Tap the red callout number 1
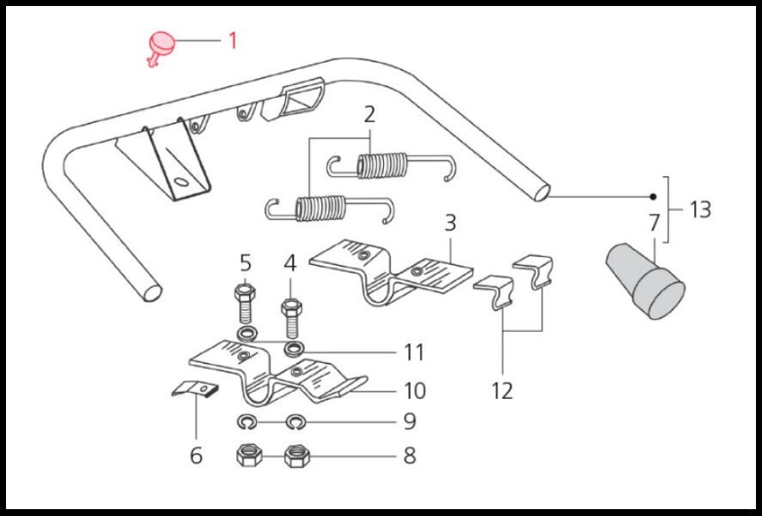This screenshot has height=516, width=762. pos(231,40)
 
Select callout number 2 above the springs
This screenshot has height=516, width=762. pos(369,115)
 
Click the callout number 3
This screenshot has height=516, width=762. pos(449,224)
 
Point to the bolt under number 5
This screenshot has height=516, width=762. pos(242,303)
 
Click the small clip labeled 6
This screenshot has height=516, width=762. pos(195,389)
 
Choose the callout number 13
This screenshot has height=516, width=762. pos(700,209)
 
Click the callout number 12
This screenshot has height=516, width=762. pos(503,390)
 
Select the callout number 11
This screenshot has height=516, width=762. pos(414,352)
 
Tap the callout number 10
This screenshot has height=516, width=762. pos(414,390)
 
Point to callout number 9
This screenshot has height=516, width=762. pos(409,421)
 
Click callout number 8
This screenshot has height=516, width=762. pos(409,455)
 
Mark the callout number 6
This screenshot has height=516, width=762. pos(196,455)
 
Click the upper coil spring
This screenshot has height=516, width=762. pos(381,164)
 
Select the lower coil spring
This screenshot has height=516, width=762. pos(320,207)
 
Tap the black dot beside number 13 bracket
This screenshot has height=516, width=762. pos(653,197)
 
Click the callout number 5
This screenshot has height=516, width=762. pos(245,261)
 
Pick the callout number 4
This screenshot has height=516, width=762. pos(290,261)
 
